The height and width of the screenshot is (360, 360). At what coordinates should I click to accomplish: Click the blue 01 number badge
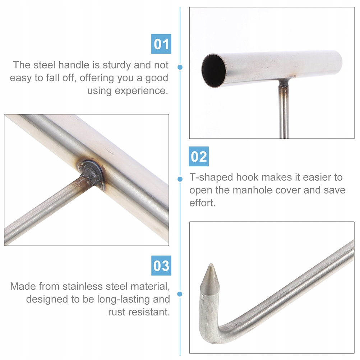point(161,44)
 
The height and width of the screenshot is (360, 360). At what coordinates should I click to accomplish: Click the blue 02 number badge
point(199,156)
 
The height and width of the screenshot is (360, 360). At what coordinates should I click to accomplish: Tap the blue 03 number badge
point(161,266)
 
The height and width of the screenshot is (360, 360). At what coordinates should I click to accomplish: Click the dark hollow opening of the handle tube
point(213,70)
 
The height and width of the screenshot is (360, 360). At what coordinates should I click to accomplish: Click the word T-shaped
point(211,177)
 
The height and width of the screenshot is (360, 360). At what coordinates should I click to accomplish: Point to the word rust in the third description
point(117,312)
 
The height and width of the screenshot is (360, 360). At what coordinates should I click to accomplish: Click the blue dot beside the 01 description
point(180,67)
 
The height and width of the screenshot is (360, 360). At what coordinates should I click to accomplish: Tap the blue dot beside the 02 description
point(180,179)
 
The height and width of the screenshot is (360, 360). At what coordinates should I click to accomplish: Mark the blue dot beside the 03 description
point(180,294)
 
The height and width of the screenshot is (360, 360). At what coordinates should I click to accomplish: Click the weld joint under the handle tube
point(284,83)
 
